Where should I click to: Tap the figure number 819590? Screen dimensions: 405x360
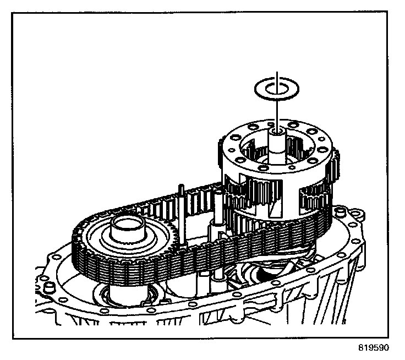tap(374, 348)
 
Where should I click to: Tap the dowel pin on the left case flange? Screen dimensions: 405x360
tap(48, 287)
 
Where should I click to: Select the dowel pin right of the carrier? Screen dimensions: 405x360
tap(340, 211)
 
